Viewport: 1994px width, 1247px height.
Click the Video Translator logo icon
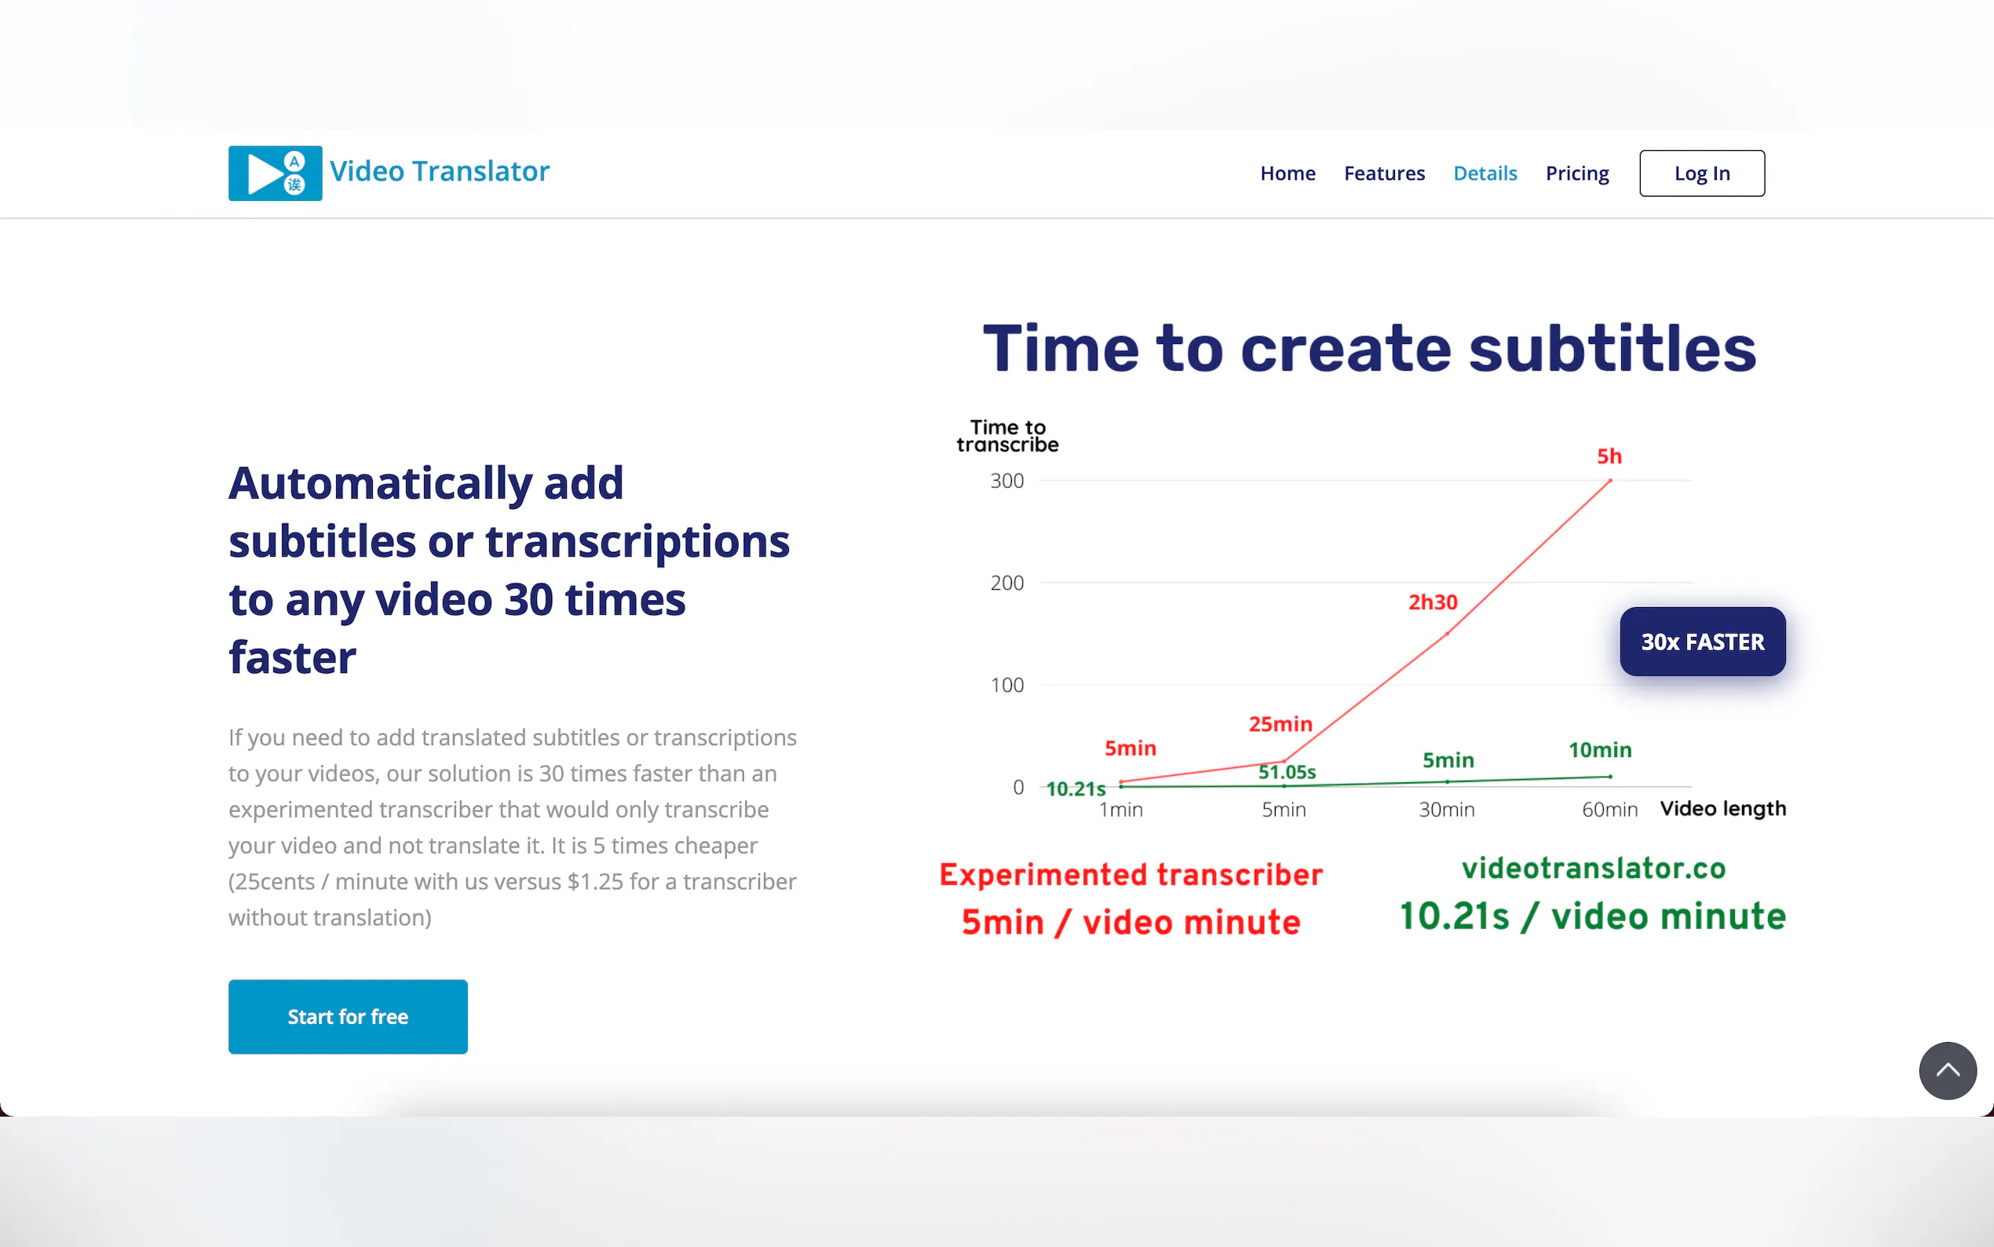(x=276, y=174)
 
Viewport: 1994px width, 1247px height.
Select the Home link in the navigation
(x=1287, y=174)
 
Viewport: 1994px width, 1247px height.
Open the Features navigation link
(x=1384, y=174)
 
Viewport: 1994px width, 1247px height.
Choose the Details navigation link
(x=1485, y=174)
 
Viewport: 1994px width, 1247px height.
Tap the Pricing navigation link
(x=1577, y=174)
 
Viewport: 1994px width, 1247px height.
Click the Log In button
(x=1702, y=174)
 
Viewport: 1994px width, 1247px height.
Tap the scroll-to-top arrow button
(x=1947, y=1070)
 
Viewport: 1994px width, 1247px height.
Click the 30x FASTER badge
(x=1702, y=642)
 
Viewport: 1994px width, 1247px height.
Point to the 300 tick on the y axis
(x=1006, y=481)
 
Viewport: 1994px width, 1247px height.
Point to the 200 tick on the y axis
(x=1006, y=583)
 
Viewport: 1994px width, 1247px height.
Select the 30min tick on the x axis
(x=1447, y=810)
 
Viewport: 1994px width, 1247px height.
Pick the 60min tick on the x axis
(x=1609, y=810)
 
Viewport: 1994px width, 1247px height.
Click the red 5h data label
(x=1609, y=456)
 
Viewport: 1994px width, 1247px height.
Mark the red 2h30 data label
(x=1433, y=602)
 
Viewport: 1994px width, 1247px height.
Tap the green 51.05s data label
(x=1287, y=772)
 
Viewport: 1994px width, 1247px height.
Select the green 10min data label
(x=1600, y=750)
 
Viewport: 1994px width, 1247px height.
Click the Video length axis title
(x=1723, y=809)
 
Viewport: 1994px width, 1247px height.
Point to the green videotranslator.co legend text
(x=1594, y=868)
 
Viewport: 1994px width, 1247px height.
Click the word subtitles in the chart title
(x=1612, y=348)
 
